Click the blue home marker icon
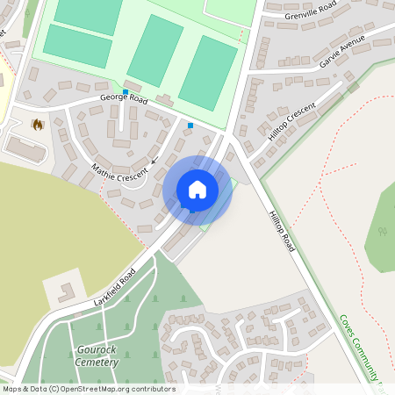point(197,190)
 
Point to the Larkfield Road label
point(114,288)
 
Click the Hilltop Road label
point(282,232)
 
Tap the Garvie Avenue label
point(341,54)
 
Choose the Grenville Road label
point(311,15)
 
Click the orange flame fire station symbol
point(37,126)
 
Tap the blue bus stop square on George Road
point(126,91)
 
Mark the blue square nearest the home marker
point(190,126)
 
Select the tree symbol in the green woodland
point(382,232)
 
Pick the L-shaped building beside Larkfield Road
point(64,291)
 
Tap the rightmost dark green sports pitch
point(207,73)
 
